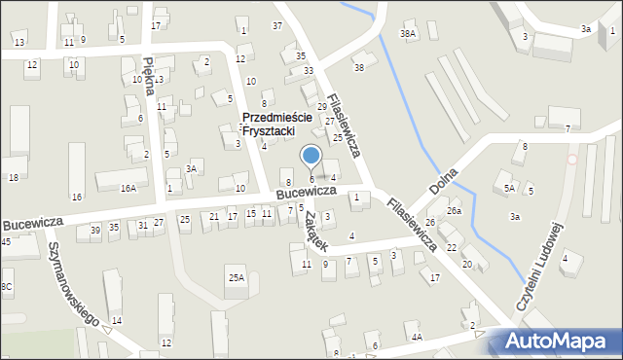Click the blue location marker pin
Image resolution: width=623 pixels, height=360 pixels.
[x=311, y=156]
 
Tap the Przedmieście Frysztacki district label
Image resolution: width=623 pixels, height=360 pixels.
[x=276, y=125]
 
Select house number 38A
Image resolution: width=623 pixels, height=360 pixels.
[x=408, y=34]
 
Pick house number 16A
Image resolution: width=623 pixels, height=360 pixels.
[x=128, y=188]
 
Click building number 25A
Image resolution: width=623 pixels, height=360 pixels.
[x=237, y=278]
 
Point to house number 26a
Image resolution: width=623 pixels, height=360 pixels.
[x=454, y=211]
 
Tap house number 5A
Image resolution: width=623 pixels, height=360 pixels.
[x=509, y=189]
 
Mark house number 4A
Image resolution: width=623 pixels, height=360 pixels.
[x=417, y=338]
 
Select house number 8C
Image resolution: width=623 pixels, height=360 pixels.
[x=7, y=286]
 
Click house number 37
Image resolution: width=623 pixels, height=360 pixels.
[x=277, y=25]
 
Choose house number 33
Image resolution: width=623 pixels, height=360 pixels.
[x=309, y=71]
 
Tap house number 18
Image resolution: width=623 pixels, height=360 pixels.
[x=13, y=177]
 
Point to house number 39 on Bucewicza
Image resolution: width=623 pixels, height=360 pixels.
[x=95, y=230]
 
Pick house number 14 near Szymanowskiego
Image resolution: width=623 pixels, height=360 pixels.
[x=117, y=320]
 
